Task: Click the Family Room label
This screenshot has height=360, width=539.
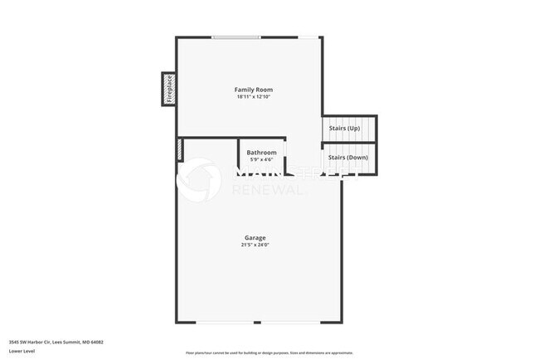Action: (x=253, y=90)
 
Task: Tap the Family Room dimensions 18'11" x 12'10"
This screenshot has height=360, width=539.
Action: (x=253, y=97)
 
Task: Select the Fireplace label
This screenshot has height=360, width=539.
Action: (x=168, y=89)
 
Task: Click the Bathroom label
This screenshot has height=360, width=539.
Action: (x=261, y=152)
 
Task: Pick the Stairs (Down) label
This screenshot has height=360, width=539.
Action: (x=347, y=157)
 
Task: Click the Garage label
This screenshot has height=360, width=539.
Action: (x=255, y=238)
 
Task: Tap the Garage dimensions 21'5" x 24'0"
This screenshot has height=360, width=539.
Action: (x=255, y=245)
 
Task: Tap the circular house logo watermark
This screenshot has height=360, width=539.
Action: (x=200, y=178)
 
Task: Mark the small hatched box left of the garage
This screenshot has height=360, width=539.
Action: (x=178, y=149)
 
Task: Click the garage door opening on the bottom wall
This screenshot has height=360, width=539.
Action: (x=258, y=322)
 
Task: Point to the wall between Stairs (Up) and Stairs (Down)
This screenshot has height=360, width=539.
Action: (x=349, y=143)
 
